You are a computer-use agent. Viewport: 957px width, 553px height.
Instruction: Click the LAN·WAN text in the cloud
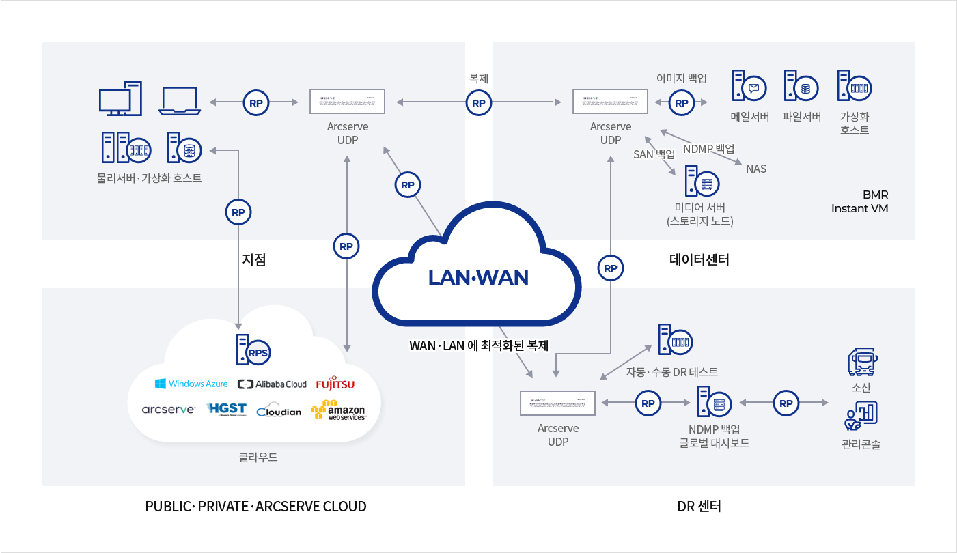[478, 277]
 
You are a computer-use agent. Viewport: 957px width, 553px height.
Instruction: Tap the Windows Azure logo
[191, 384]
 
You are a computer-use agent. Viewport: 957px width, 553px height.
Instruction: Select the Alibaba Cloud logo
[272, 384]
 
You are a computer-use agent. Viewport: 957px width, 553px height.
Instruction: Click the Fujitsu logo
[335, 384]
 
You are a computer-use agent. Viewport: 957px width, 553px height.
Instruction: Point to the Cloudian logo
[279, 411]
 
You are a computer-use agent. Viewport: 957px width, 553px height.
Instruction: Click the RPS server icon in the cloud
[252, 350]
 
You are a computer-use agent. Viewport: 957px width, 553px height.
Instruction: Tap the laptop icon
[180, 100]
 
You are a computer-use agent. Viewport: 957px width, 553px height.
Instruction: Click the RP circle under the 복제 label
[478, 103]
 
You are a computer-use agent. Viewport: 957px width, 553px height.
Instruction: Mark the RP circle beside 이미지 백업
[681, 103]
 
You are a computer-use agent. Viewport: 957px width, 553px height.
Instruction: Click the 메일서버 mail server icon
[748, 87]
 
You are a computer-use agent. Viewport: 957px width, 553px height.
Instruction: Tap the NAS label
[756, 169]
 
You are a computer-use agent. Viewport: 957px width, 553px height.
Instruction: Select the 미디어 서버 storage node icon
[700, 183]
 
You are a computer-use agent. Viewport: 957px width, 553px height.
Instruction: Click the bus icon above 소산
[861, 363]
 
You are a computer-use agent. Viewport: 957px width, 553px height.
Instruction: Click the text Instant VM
[859, 208]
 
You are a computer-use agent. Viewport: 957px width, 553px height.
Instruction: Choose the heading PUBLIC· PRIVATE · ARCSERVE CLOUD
[255, 507]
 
